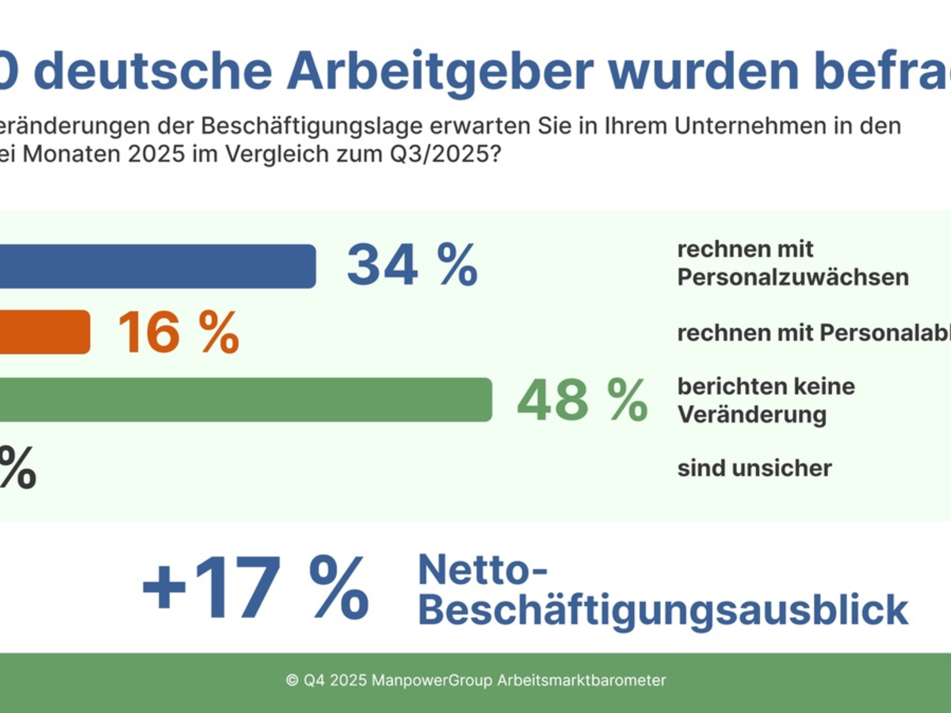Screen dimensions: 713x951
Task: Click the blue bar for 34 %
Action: click(158, 266)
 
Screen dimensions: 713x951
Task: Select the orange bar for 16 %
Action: click(45, 331)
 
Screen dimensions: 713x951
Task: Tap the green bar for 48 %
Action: click(246, 399)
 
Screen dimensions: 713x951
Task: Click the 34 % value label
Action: click(412, 265)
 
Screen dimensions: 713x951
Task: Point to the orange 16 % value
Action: click(178, 333)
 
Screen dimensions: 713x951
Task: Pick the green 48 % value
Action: click(582, 401)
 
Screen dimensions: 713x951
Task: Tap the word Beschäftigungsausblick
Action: click(663, 610)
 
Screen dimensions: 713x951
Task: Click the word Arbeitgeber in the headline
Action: click(439, 71)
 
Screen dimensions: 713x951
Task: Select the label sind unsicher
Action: click(754, 468)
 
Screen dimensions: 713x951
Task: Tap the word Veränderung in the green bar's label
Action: click(751, 414)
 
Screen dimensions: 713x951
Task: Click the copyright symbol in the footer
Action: click(292, 681)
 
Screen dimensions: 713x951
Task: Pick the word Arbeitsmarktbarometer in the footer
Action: click(582, 681)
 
